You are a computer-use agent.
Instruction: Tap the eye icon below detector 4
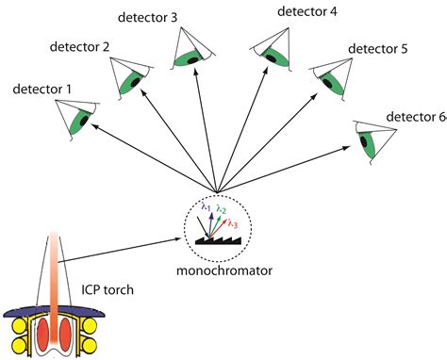pyautogui.click(x=273, y=54)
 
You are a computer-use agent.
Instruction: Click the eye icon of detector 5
pyautogui.click(x=327, y=77)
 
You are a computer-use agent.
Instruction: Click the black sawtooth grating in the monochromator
pyautogui.click(x=216, y=241)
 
